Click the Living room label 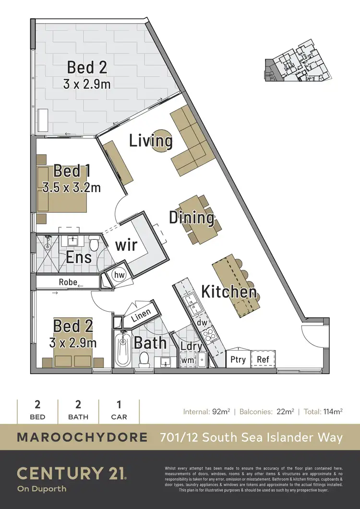pos(151,141)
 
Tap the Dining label pos(192,218)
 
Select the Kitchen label pos(228,291)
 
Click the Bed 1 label pos(72,171)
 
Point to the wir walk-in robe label pos(126,245)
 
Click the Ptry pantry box pos(238,359)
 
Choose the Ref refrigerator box pos(263,359)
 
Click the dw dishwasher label pos(202,323)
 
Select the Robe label pos(68,282)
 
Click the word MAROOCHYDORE pos(82,437)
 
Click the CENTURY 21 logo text pos(72,473)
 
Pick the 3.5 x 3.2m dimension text pos(72,187)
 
